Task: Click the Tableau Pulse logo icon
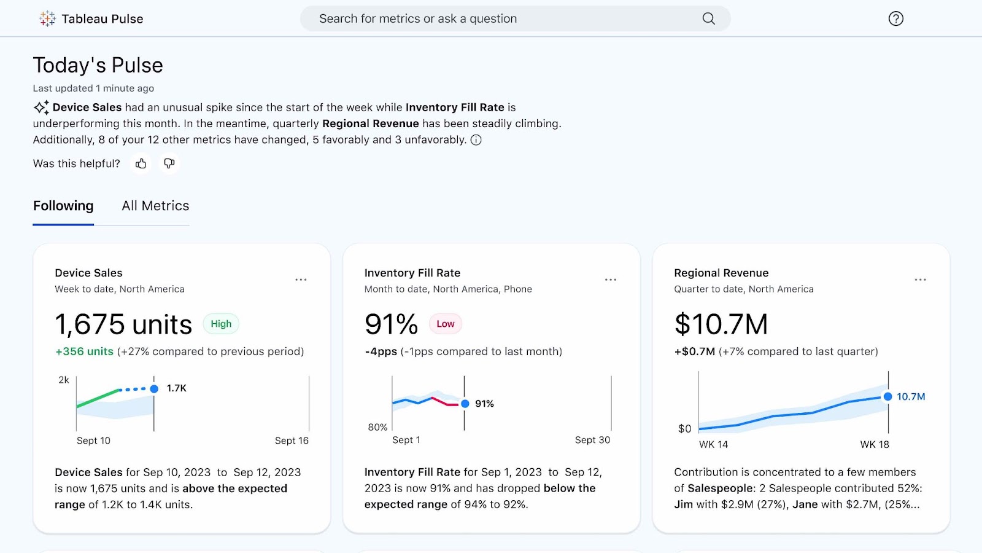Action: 47,18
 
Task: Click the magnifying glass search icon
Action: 708,18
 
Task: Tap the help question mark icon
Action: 895,18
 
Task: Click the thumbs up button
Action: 141,163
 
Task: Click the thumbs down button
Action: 169,163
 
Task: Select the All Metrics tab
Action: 155,206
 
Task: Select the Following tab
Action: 63,206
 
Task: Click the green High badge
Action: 221,324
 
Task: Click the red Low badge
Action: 446,324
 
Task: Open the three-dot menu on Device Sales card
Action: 301,280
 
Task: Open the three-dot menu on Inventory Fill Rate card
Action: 611,280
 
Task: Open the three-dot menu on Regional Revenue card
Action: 920,280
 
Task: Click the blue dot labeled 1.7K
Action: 154,388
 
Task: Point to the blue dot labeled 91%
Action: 465,404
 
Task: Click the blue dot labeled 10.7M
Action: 887,396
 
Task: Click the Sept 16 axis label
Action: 292,441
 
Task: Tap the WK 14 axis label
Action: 713,444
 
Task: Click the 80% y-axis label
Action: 377,427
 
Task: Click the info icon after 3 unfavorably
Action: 476,140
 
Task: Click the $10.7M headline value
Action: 721,324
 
